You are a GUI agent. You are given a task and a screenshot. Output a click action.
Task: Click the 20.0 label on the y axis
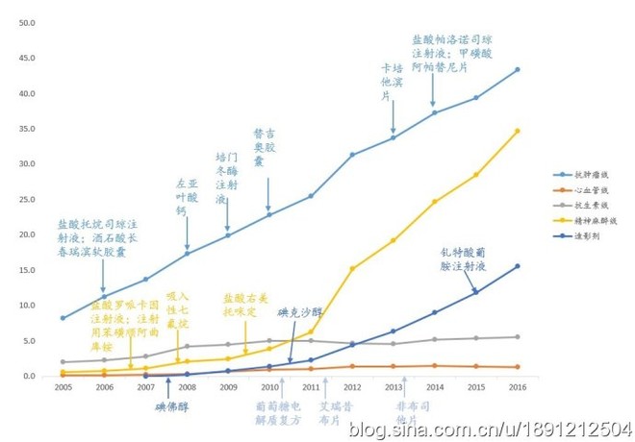[27, 234]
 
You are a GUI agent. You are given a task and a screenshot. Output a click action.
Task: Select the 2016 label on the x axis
[517, 386]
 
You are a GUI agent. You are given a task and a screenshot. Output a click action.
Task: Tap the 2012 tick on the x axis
[351, 386]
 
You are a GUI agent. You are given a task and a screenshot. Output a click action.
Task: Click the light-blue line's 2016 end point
[517, 69]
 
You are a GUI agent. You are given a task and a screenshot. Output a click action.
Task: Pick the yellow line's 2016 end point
[517, 131]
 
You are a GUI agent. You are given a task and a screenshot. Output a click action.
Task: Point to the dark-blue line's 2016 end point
[517, 266]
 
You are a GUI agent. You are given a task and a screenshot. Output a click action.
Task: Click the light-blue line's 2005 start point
[63, 317]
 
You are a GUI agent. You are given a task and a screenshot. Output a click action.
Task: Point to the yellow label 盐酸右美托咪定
[247, 306]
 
